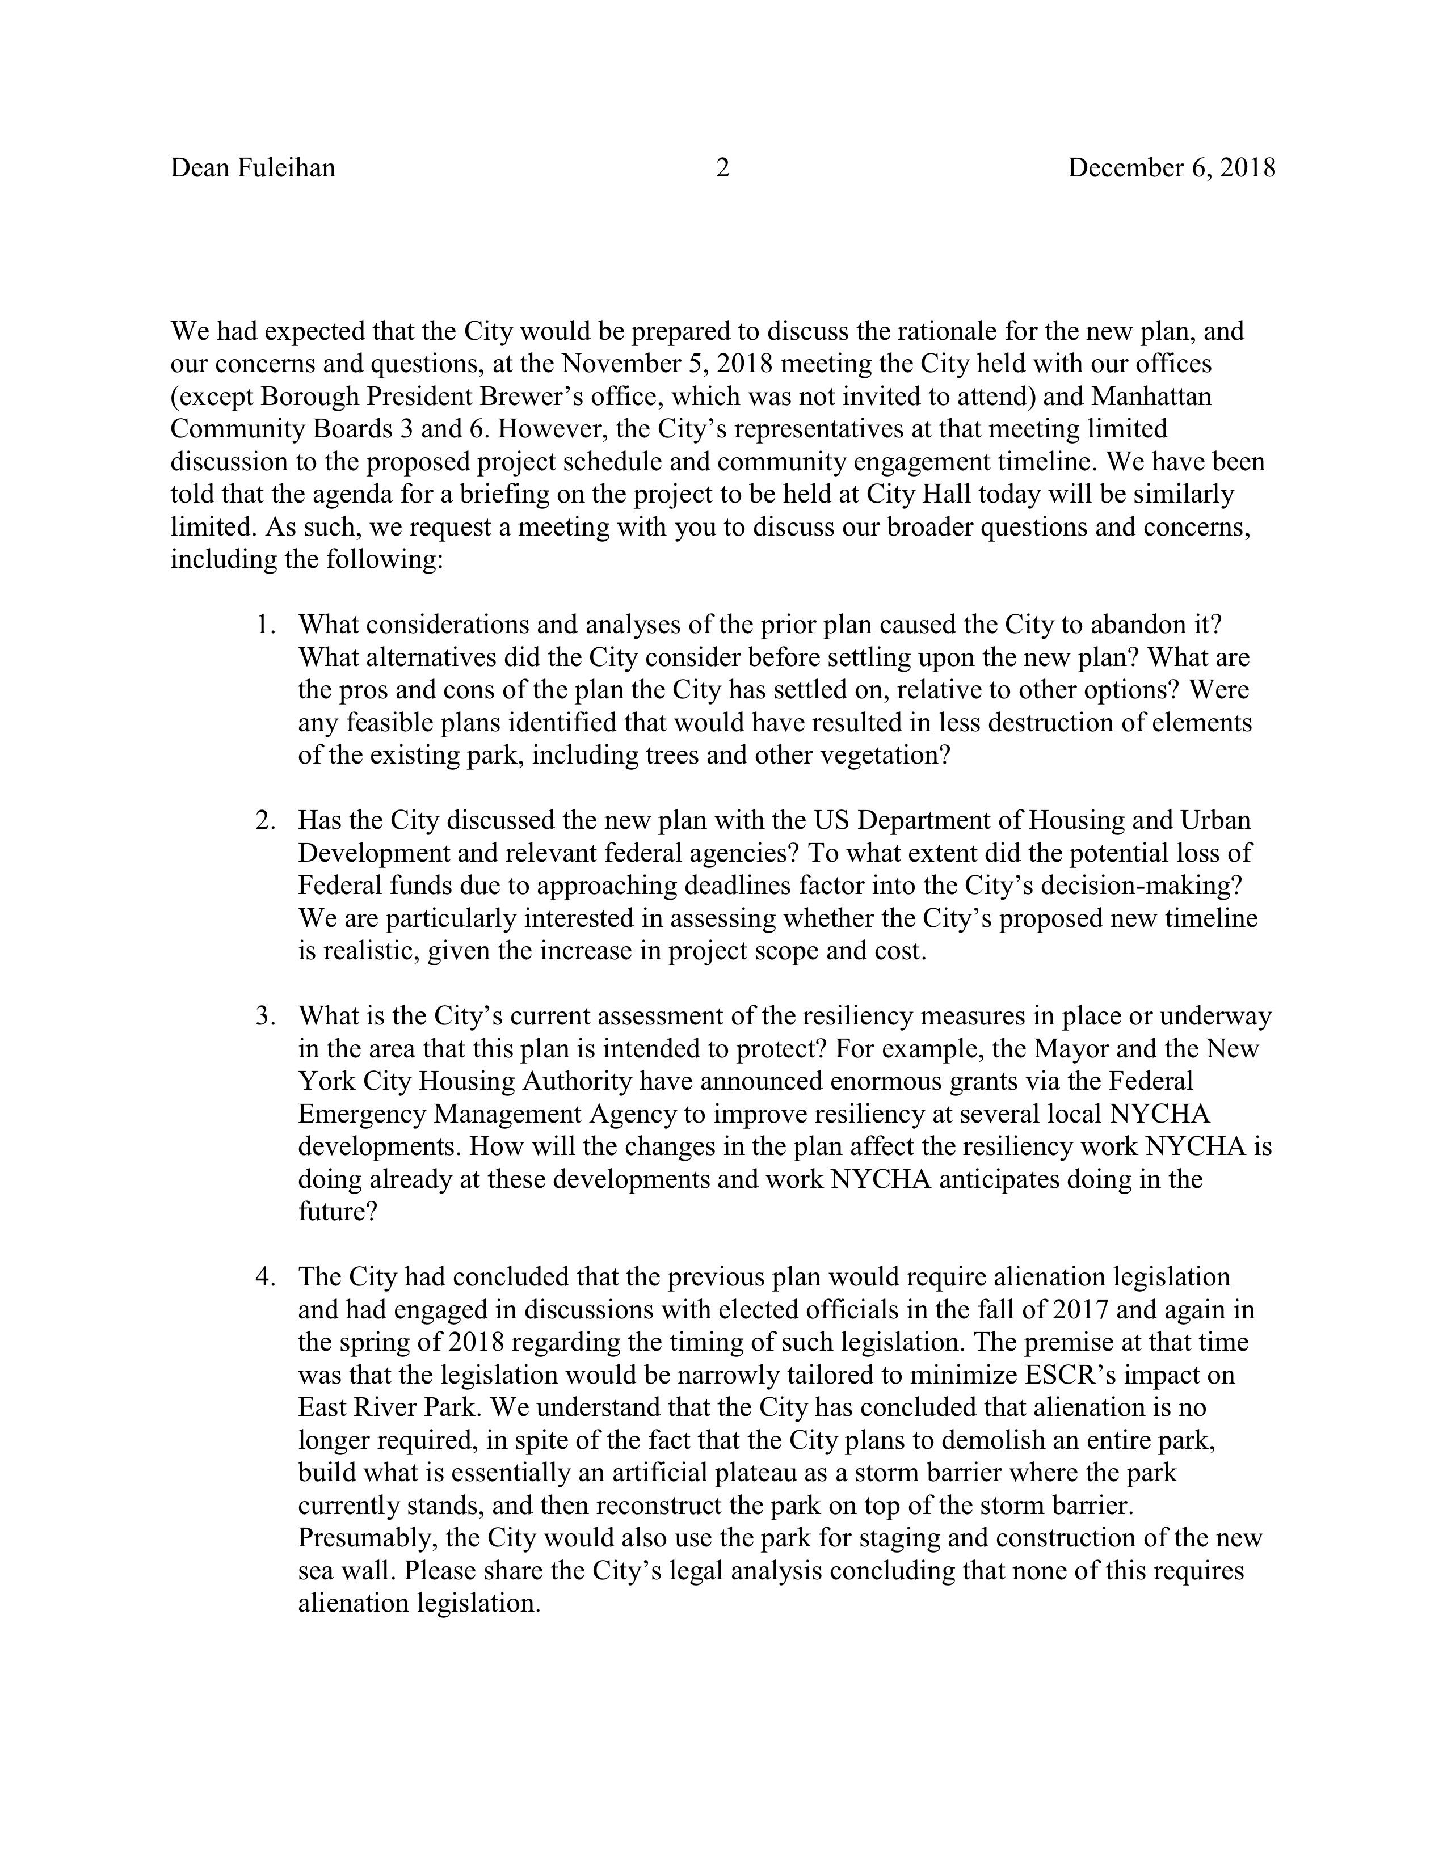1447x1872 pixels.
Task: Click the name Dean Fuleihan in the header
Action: [253, 168]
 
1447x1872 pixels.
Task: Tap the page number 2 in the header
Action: [722, 168]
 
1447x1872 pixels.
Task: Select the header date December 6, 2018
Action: [1171, 168]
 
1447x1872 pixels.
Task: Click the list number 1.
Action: [264, 625]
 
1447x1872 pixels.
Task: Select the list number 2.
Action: [264, 820]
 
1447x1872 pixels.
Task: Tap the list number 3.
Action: [264, 1017]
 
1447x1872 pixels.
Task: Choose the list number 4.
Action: [264, 1277]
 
